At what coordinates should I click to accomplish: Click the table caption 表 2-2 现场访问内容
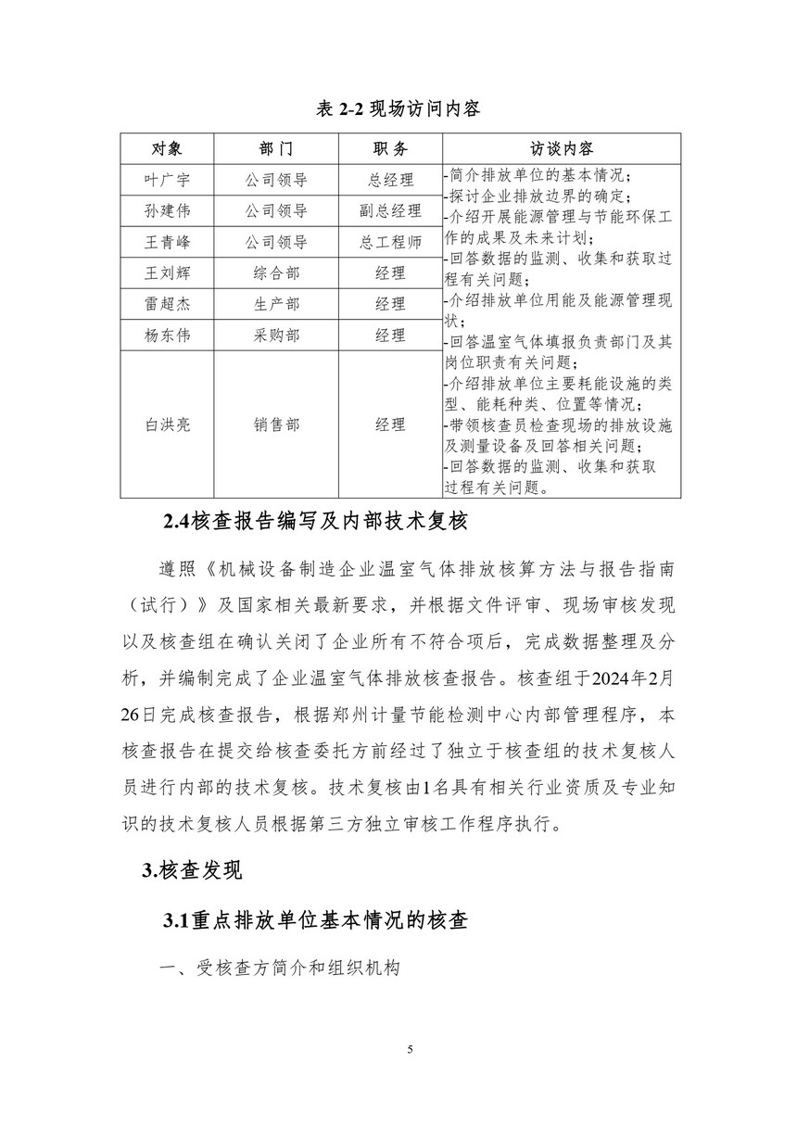coord(398,109)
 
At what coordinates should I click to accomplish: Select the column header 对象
coord(167,149)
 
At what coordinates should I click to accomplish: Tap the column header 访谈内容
coord(562,149)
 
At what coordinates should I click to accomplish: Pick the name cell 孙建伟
coord(167,211)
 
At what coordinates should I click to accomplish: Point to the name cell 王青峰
coord(167,243)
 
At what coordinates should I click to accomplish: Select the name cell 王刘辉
coord(167,273)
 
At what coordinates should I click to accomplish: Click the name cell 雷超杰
coord(167,304)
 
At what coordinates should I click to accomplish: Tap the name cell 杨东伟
coord(167,336)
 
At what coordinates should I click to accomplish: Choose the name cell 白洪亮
coord(167,424)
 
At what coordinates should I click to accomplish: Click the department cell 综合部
coord(276,273)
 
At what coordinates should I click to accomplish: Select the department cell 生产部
coord(276,304)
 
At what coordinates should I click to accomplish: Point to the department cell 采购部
coord(276,336)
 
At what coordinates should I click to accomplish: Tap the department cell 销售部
coord(276,424)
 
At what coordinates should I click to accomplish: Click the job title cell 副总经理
coord(390,211)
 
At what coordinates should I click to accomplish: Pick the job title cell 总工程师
coord(390,243)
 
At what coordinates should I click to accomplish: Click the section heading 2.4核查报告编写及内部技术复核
coord(315,522)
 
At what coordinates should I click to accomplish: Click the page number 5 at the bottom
coord(410,1049)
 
